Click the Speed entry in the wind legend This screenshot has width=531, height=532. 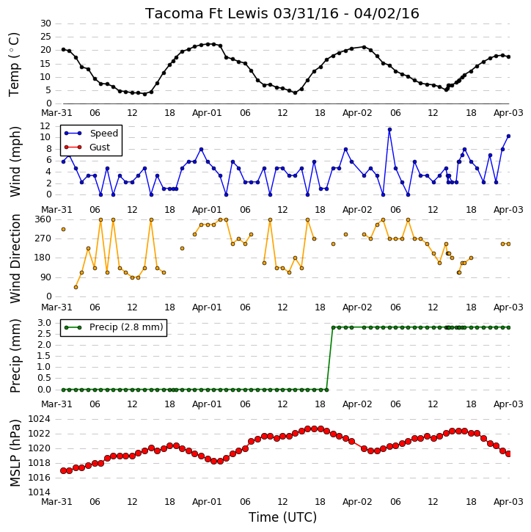pos(103,134)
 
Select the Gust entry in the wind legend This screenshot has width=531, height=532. pos(100,147)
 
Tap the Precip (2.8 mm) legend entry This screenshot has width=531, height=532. pos(126,327)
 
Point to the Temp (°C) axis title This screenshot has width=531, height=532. pos(14,65)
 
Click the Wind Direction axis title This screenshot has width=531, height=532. pos(15,258)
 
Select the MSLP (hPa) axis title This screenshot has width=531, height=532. pos(15,453)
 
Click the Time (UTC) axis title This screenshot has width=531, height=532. pos(282,517)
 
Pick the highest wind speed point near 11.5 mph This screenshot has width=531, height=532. pos(389,130)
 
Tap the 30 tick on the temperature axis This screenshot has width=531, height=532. pos(45,23)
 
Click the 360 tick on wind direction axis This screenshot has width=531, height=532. pos(43,219)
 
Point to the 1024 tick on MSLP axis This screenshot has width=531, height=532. pos(39,419)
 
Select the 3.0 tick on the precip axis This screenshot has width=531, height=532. pos(45,323)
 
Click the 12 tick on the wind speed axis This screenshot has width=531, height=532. pos(45,126)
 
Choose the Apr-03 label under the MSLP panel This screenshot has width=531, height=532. pos(508,502)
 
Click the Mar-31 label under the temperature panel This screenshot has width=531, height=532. pos(56,113)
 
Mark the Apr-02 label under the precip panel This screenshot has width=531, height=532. pos(357,404)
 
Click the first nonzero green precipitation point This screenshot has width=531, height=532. pos(333,328)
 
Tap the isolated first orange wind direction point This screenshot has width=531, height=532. pos(63,230)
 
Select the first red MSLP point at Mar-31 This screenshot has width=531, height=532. pos(63,470)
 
